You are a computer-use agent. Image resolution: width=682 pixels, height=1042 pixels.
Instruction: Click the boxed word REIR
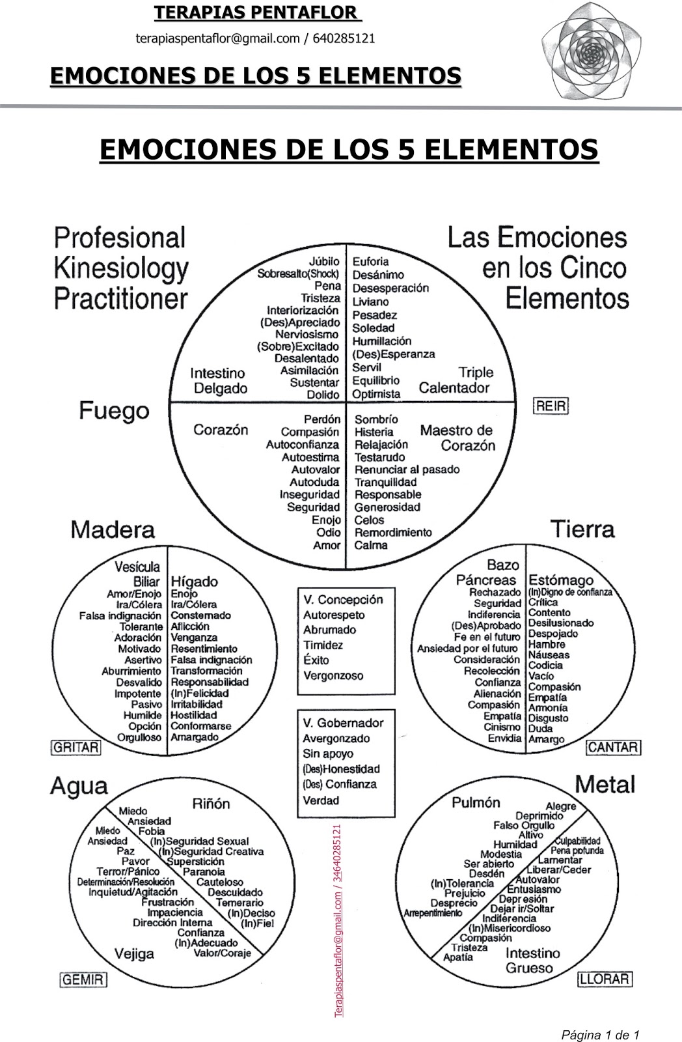tap(551, 406)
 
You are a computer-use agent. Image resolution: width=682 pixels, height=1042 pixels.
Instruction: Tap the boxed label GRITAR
tap(75, 747)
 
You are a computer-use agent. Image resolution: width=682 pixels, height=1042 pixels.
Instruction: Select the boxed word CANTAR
tap(613, 747)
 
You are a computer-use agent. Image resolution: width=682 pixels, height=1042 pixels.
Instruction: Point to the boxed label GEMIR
tap(83, 979)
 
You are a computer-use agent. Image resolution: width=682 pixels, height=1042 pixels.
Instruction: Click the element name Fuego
tap(114, 411)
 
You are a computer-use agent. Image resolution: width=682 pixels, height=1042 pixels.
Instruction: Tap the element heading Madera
tap(113, 529)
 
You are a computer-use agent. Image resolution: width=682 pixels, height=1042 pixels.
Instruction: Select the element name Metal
tap(605, 784)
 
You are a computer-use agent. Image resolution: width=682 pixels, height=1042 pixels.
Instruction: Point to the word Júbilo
tap(325, 261)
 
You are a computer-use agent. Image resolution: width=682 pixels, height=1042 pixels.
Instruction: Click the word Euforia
tap(370, 262)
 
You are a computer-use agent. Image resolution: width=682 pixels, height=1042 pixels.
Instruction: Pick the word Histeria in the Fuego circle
tap(374, 432)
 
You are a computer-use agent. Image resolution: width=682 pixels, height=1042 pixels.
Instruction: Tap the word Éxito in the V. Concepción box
tap(316, 660)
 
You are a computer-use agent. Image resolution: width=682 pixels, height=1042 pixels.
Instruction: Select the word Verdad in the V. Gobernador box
tap(321, 800)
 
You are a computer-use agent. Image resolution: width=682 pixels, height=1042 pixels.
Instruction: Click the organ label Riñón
tap(211, 804)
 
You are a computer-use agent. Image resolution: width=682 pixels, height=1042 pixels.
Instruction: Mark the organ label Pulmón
tap(476, 802)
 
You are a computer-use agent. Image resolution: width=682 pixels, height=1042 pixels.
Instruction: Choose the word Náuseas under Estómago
tap(548, 655)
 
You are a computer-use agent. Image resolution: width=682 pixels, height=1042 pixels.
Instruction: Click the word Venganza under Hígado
tap(194, 638)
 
